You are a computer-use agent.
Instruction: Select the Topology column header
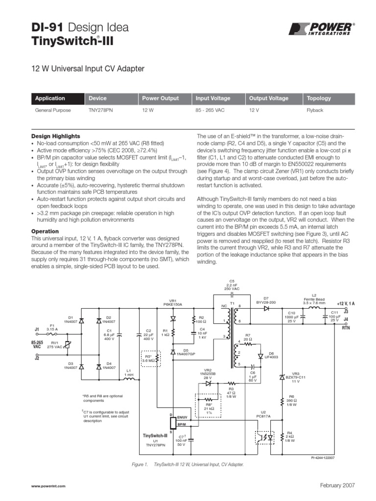(319, 98)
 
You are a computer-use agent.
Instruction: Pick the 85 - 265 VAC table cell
(210, 111)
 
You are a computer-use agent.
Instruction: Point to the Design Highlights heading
(56, 136)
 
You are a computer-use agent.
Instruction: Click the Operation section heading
(45, 231)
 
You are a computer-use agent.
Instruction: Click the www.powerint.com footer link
(48, 485)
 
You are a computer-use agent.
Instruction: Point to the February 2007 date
(337, 485)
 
